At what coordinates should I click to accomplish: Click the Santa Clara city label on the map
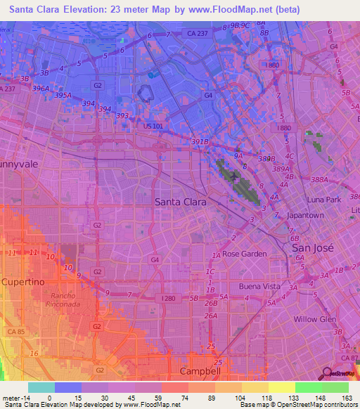point(181,202)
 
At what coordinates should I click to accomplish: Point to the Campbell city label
point(200,370)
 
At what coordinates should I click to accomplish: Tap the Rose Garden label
point(245,254)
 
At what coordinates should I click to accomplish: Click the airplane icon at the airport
point(233,177)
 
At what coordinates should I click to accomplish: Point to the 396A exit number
point(40,89)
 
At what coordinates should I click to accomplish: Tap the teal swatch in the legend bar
point(41,387)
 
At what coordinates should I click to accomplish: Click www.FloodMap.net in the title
point(223,10)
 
